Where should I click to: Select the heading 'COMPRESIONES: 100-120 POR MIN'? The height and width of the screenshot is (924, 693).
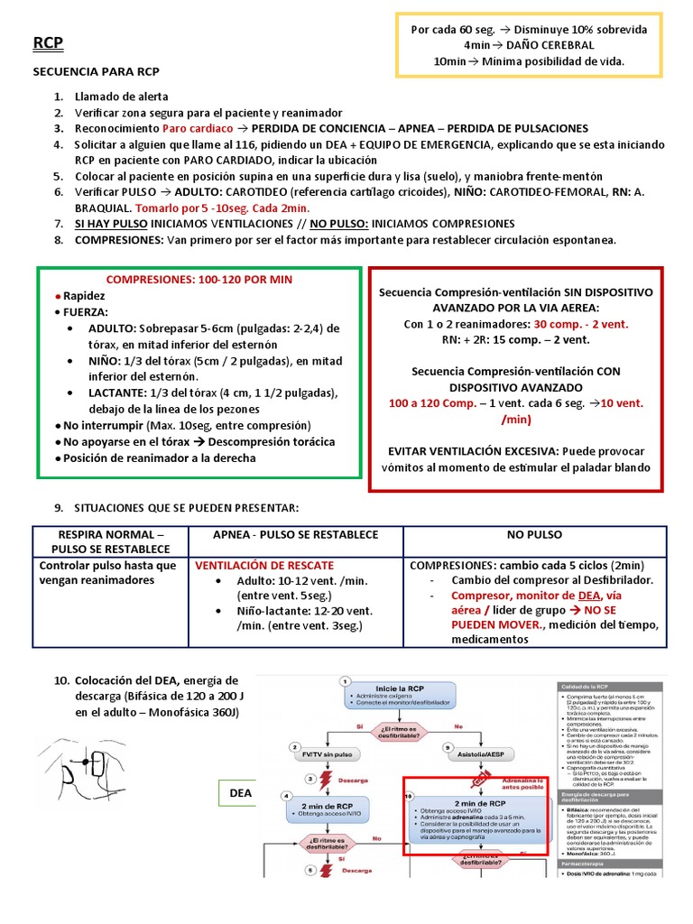[x=199, y=280]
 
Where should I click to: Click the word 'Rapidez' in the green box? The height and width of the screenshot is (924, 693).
[x=84, y=295]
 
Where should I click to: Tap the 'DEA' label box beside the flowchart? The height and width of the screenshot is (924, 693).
[x=240, y=793]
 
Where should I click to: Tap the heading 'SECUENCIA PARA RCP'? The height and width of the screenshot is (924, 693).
[x=96, y=71]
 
